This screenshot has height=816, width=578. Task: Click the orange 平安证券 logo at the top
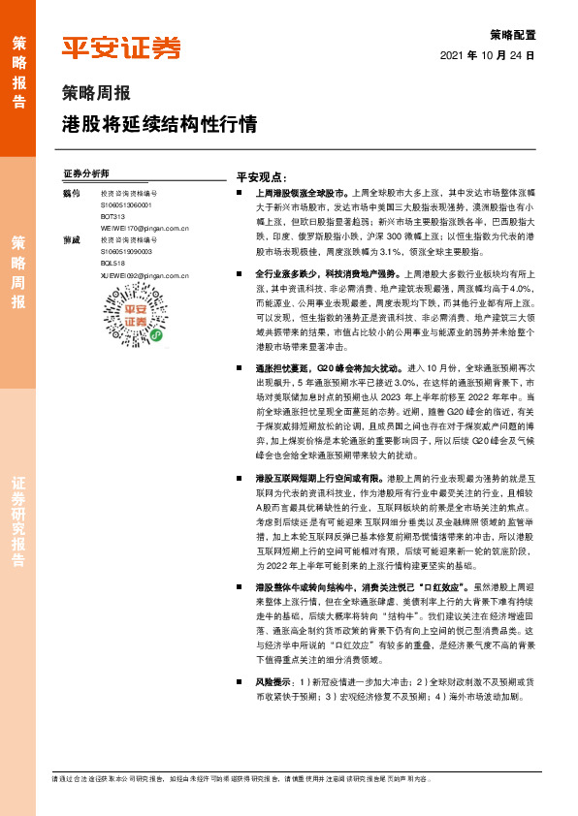tap(121, 47)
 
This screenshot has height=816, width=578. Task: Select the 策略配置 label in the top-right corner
tap(513, 34)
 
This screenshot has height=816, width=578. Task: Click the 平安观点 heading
tap(260, 178)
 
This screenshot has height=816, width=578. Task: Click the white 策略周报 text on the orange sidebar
tap(17, 271)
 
